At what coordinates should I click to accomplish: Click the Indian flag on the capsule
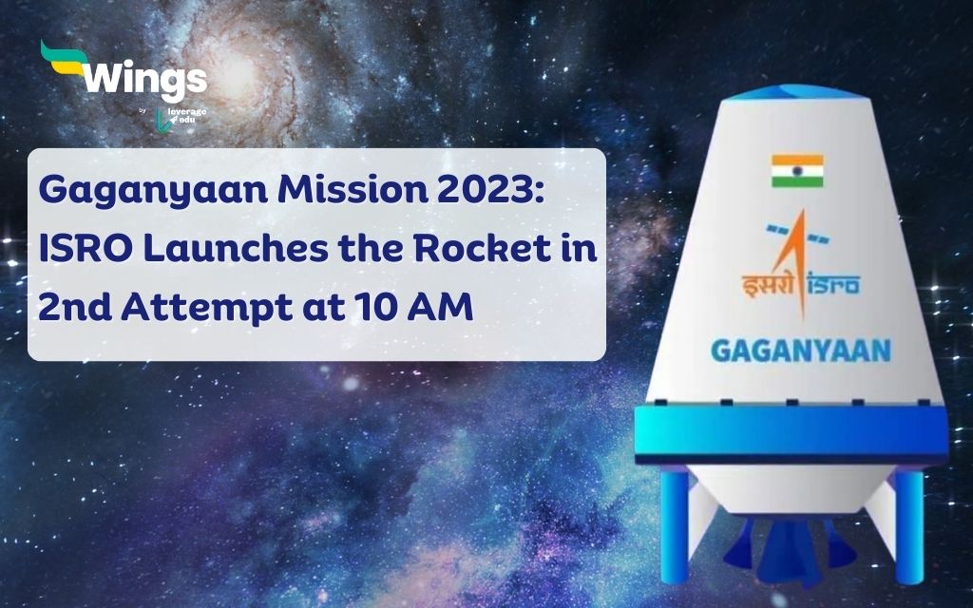click(x=797, y=171)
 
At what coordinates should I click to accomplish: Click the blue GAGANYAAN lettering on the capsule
click(x=800, y=350)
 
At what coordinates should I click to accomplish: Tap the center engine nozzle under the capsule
click(x=794, y=556)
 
